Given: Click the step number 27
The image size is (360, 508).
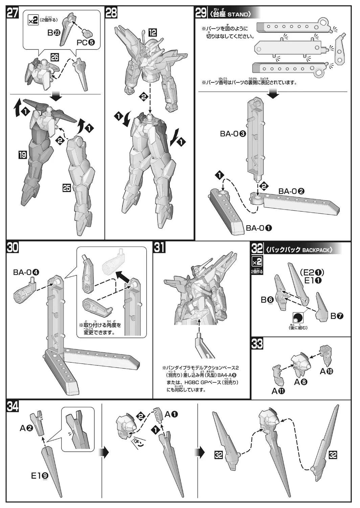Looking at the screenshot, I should tap(12, 13).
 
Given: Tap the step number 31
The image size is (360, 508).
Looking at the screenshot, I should tap(159, 248).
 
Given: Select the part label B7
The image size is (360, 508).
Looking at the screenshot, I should tap(337, 316).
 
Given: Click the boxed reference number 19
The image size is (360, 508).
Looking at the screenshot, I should tap(23, 155).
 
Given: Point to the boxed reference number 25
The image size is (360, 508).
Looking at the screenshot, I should tap(67, 187).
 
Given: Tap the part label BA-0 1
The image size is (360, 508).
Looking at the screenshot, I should tap(259, 228).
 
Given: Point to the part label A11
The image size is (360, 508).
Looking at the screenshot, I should tap(278, 391).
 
